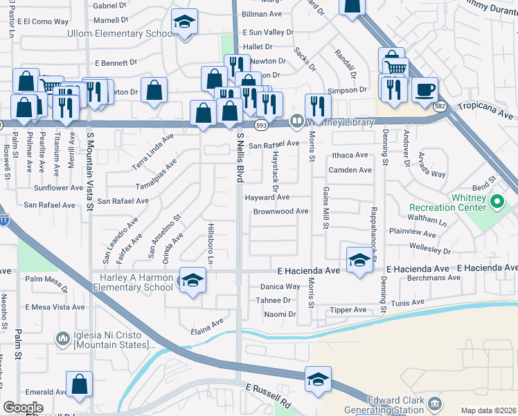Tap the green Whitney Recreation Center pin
coord(497,202)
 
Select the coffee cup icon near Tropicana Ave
coord(425,90)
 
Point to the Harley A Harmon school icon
coord(193,281)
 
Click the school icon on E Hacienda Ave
coord(359,260)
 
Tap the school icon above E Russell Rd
coord(318,380)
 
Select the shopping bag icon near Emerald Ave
coord(80,385)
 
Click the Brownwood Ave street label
coord(280,211)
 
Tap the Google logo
coord(23,407)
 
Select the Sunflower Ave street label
coord(59,188)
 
